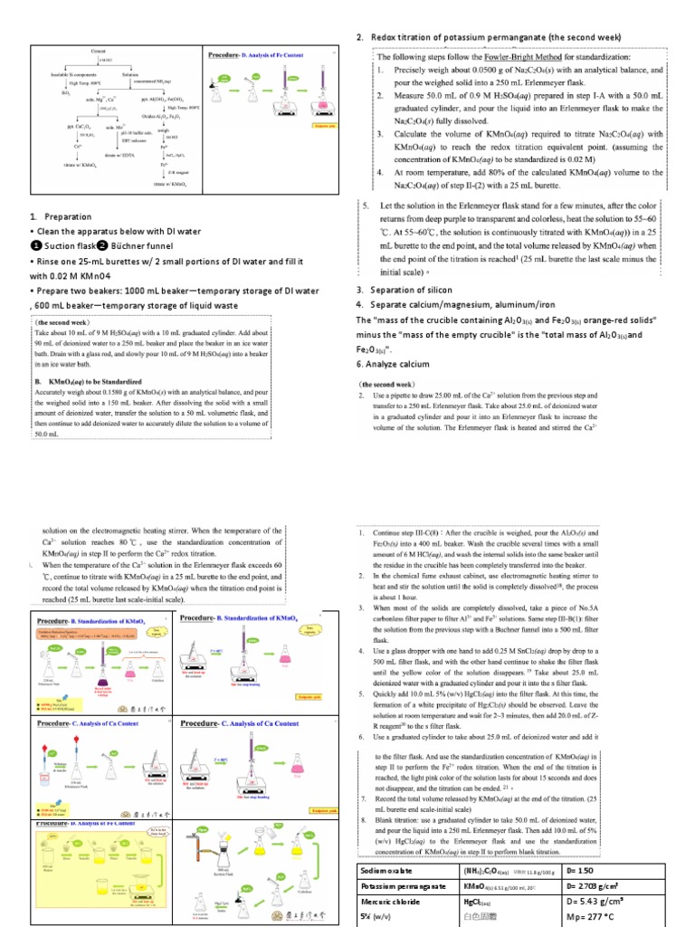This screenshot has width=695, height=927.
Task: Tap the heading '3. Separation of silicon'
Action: pyautogui.click(x=409, y=290)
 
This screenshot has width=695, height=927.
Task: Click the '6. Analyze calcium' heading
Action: pyautogui.click(x=393, y=364)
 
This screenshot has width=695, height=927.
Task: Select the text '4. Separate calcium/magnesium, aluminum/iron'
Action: pyautogui.click(x=457, y=305)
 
